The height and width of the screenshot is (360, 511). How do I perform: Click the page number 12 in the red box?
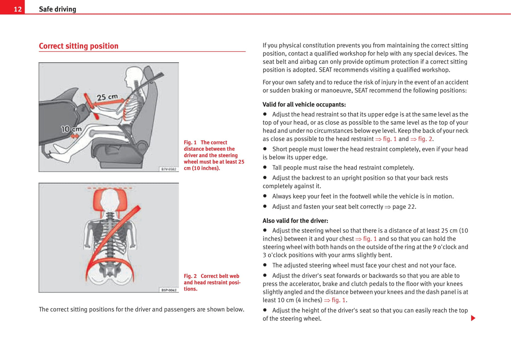pos(18,9)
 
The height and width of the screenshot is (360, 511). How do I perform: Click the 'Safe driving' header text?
pos(57,9)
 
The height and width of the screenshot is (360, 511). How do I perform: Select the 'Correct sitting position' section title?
pos(79,46)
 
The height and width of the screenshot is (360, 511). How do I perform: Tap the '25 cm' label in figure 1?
pos(107,97)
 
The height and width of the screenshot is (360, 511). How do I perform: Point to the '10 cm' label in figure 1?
pos(71,129)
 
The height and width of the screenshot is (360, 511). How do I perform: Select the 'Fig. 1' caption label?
pos(190,142)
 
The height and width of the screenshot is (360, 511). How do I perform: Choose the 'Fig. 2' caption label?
pos(190,276)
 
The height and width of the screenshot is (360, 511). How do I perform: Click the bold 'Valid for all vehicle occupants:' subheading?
pos(304,105)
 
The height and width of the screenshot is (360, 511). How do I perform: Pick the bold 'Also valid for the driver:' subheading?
pos(295,221)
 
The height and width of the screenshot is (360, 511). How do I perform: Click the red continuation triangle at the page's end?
pos(473,318)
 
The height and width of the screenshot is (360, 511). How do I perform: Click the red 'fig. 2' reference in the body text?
pos(425,139)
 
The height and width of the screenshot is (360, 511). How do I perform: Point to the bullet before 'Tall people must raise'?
pos(265,167)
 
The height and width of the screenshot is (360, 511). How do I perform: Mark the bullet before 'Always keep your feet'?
pos(265,196)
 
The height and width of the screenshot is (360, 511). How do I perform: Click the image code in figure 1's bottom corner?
pos(169,169)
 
